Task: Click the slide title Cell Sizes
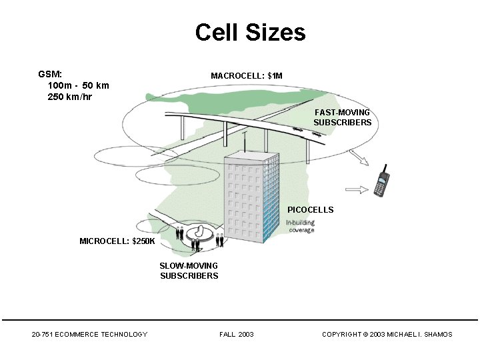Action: click(250, 32)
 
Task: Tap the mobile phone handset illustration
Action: click(382, 181)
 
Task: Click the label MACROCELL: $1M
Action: click(247, 76)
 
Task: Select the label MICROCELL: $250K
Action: click(117, 241)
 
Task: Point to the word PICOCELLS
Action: click(310, 210)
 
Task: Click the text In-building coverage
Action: click(300, 226)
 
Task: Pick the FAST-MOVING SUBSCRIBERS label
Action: click(343, 117)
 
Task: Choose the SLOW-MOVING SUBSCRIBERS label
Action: click(189, 271)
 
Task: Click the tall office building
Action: click(251, 197)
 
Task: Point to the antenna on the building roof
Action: click(245, 141)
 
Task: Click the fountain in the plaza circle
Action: click(198, 233)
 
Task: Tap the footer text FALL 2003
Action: click(236, 334)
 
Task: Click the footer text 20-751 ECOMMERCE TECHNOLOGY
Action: click(89, 334)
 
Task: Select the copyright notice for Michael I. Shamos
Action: click(387, 334)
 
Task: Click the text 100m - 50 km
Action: click(79, 86)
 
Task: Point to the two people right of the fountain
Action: click(219, 241)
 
